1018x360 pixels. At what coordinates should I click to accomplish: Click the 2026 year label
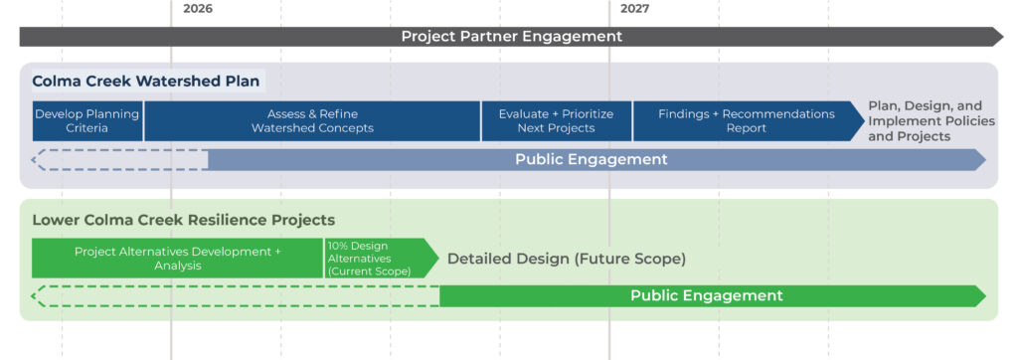(x=198, y=9)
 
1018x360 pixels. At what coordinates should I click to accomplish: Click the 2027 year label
(x=634, y=9)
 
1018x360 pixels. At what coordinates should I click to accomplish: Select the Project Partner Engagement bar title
(x=512, y=37)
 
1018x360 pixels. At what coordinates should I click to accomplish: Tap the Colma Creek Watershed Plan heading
(x=146, y=82)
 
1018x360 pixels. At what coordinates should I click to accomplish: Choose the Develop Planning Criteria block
(x=87, y=121)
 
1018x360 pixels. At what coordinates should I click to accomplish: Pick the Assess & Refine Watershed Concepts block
(x=312, y=121)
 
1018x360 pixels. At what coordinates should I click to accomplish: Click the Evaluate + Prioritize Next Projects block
(x=557, y=121)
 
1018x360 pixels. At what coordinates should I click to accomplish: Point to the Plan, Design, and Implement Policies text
(x=932, y=121)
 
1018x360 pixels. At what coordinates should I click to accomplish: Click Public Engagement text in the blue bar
(x=592, y=159)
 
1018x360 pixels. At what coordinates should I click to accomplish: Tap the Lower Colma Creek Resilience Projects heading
(x=184, y=221)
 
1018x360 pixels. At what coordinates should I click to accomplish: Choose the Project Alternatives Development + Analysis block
(x=178, y=259)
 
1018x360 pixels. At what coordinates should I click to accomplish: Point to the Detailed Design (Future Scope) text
(x=567, y=259)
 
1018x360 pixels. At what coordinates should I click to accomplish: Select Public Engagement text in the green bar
(x=707, y=295)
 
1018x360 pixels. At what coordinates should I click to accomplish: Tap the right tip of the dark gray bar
(x=1003, y=37)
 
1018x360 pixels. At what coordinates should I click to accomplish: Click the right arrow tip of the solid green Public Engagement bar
(x=985, y=296)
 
